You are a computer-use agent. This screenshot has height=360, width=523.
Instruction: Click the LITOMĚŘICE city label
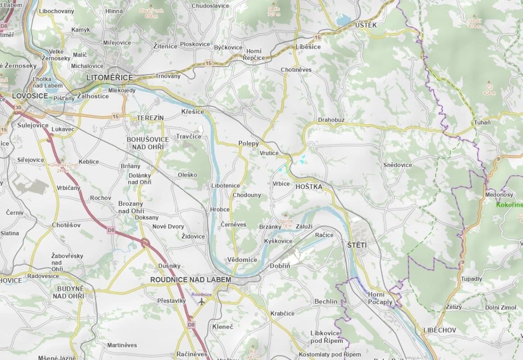[110, 78]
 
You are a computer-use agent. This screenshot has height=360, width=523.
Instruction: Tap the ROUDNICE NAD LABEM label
[190, 279]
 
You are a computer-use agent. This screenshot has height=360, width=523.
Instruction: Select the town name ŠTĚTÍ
[357, 245]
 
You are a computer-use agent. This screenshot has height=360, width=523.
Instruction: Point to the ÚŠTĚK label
[365, 25]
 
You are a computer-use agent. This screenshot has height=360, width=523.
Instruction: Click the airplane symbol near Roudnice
[201, 301]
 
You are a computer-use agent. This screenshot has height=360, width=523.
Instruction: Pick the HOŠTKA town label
[309, 186]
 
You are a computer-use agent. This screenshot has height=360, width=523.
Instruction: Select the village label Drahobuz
[331, 120]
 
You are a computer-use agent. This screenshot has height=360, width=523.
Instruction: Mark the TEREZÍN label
[150, 117]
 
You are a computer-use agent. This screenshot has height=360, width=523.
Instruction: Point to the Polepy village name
[248, 144]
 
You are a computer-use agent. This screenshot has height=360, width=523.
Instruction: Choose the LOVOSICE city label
[30, 96]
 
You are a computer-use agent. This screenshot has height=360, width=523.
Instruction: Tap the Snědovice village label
[397, 165]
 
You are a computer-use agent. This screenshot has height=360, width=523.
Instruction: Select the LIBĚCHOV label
[439, 330]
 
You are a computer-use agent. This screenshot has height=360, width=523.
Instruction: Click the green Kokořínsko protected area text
[509, 205]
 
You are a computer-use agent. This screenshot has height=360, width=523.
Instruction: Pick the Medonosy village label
[499, 195]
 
